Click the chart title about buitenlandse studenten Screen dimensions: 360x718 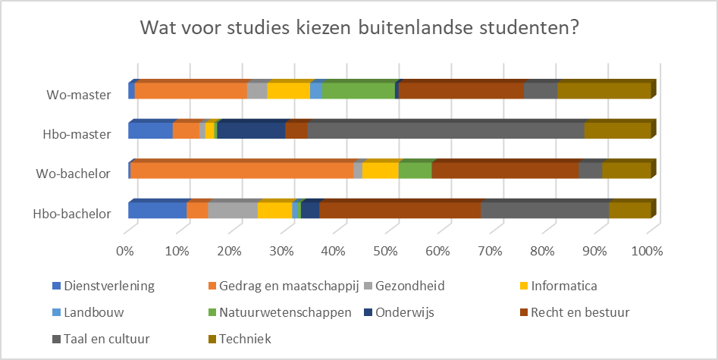pyautogui.click(x=359, y=30)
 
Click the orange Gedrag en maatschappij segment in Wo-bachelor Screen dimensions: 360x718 pyautogui.click(x=242, y=171)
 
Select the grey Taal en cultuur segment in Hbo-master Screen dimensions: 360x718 pyautogui.click(x=446, y=130)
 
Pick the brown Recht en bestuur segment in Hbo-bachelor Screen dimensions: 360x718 pyautogui.click(x=400, y=210)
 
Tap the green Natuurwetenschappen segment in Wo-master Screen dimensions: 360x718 pyautogui.click(x=359, y=91)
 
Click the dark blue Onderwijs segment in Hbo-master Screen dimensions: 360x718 pyautogui.click(x=251, y=130)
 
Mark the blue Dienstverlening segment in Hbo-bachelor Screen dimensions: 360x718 pyautogui.click(x=158, y=210)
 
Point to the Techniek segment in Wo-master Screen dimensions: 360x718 pyautogui.click(x=604, y=91)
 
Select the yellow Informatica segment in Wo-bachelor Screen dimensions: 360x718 pyautogui.click(x=380, y=171)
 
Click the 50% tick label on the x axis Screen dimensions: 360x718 pyautogui.click(x=388, y=251)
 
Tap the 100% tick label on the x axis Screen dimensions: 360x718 pyautogui.click(x=647, y=251)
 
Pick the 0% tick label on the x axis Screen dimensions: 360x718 pyautogui.click(x=126, y=251)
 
